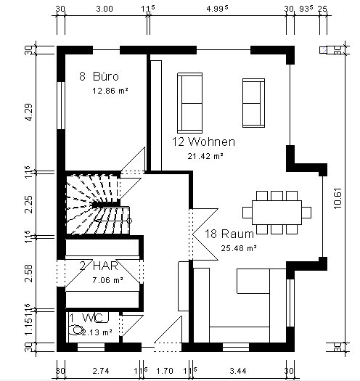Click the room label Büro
pyautogui.click(x=106, y=76)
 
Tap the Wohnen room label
pyautogui.click(x=212, y=142)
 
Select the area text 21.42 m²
pyautogui.click(x=205, y=156)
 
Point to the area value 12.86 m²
pyautogui.click(x=110, y=91)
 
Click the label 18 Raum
pyautogui.click(x=229, y=234)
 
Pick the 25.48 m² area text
pyautogui.click(x=239, y=248)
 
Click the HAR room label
pyautogui.click(x=105, y=266)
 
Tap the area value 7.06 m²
pyautogui.click(x=107, y=280)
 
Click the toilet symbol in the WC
pyautogui.click(x=75, y=330)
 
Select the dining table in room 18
pyautogui.click(x=277, y=213)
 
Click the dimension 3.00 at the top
pyautogui.click(x=105, y=9)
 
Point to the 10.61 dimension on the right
pyautogui.click(x=338, y=198)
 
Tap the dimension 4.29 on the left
pyautogui.click(x=29, y=112)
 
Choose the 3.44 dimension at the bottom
pyautogui.click(x=238, y=371)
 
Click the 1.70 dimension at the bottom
pyautogui.click(x=165, y=371)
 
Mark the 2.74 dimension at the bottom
pyautogui.click(x=101, y=371)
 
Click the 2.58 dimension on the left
pyautogui.click(x=29, y=274)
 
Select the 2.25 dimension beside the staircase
pyautogui.click(x=29, y=205)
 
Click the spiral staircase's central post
pyautogui.click(x=97, y=205)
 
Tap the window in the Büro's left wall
pyautogui.click(x=61, y=105)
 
